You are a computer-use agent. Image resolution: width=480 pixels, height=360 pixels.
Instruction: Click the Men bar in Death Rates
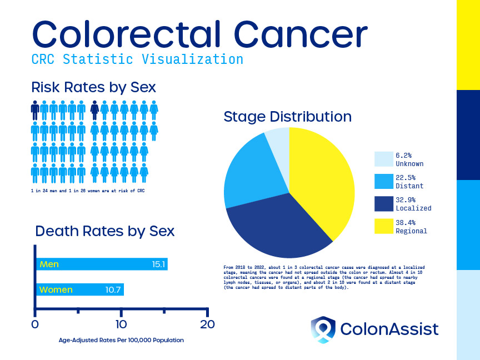(x=102, y=264)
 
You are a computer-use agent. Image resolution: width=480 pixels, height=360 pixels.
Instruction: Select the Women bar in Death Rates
(x=80, y=289)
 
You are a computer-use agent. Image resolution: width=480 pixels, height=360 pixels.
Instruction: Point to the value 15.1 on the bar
(x=158, y=264)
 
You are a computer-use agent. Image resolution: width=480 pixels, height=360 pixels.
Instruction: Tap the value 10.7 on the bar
(x=113, y=289)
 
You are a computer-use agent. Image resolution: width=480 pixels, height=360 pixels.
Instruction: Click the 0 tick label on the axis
(x=35, y=324)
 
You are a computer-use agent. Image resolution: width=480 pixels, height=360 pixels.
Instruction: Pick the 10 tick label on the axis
(x=121, y=324)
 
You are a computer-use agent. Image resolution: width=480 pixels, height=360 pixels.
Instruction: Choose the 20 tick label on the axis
(x=208, y=324)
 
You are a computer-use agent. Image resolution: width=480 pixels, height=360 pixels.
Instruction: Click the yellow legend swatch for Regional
(x=384, y=226)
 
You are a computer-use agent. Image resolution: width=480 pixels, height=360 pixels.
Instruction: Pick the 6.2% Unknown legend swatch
(x=384, y=159)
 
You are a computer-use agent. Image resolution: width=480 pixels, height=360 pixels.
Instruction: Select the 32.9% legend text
(x=406, y=200)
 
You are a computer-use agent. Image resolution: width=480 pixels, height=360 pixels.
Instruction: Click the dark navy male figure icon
(x=35, y=110)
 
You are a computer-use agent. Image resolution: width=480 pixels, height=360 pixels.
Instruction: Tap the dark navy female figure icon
(x=94, y=110)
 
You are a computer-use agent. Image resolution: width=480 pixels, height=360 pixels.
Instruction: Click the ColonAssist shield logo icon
(x=323, y=329)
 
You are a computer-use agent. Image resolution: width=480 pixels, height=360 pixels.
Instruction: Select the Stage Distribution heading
(x=287, y=117)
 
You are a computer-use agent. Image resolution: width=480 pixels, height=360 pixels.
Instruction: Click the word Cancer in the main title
(x=301, y=34)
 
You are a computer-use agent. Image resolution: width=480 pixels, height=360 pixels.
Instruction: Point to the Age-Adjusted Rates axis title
(x=121, y=340)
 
